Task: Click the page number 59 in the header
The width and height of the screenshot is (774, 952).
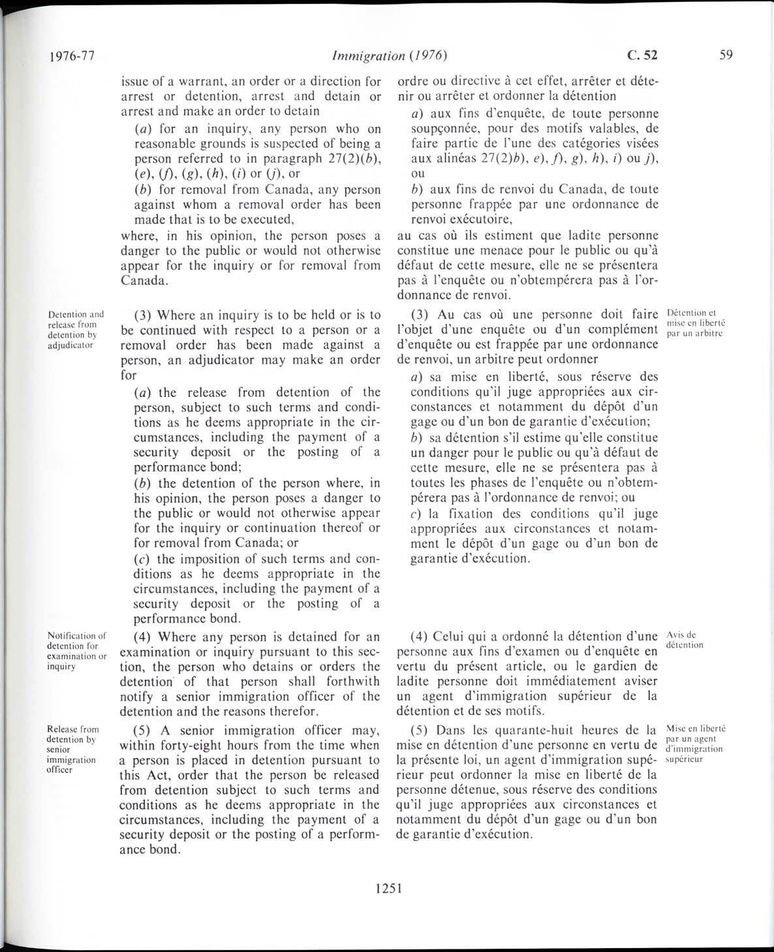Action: click(x=726, y=55)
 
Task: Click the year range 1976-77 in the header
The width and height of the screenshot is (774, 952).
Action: click(x=72, y=56)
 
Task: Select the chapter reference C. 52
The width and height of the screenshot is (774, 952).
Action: click(x=643, y=55)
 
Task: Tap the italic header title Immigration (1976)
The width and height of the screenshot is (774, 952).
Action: click(x=389, y=56)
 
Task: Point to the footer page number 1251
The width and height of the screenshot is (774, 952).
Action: click(x=388, y=887)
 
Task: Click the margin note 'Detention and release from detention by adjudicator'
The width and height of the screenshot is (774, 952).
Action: click(x=76, y=329)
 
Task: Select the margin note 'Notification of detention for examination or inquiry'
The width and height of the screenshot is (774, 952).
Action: click(x=77, y=650)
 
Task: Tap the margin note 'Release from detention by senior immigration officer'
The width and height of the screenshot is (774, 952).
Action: click(x=73, y=749)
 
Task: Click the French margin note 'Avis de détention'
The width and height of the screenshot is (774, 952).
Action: click(x=684, y=640)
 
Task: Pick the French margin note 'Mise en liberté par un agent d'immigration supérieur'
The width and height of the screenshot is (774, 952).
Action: click(x=694, y=744)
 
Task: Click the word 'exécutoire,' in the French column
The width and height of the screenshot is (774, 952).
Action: click(x=474, y=220)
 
